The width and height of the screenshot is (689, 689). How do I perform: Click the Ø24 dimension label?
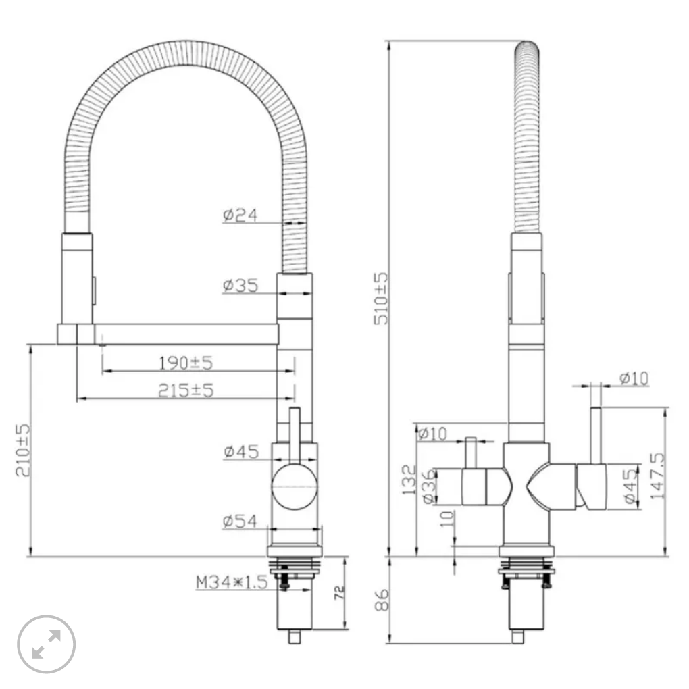pyautogui.click(x=240, y=215)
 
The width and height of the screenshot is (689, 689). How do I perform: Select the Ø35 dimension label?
pyautogui.click(x=240, y=286)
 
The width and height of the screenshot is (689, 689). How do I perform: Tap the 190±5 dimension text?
pyautogui.click(x=186, y=363)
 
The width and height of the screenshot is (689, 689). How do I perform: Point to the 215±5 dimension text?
pyautogui.click(x=186, y=390)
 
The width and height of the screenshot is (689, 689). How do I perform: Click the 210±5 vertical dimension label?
pyautogui.click(x=23, y=450)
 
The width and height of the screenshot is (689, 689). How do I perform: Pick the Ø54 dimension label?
pyautogui.click(x=240, y=521)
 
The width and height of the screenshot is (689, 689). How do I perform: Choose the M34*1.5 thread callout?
pyautogui.click(x=232, y=582)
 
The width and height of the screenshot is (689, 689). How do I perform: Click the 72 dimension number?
pyautogui.click(x=340, y=593)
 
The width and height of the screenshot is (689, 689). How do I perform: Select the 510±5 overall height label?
pyautogui.click(x=381, y=299)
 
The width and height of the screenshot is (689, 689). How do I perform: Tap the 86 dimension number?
pyautogui.click(x=382, y=601)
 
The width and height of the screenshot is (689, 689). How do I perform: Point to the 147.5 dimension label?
pyautogui.click(x=657, y=476)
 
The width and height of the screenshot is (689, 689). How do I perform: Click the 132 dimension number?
pyautogui.click(x=409, y=480)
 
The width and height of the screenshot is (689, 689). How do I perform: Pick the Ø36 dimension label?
pyautogui.click(x=429, y=486)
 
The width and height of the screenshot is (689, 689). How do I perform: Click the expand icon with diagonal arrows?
pyautogui.click(x=46, y=644)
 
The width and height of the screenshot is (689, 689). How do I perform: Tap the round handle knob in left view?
pyautogui.click(x=295, y=487)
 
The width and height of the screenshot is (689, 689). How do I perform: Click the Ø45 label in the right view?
pyautogui.click(x=630, y=486)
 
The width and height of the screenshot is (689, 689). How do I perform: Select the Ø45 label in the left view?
pyautogui.click(x=241, y=452)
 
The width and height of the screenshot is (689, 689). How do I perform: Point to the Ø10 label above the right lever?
pyautogui.click(x=634, y=378)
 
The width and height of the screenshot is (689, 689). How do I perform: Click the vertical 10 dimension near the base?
pyautogui.click(x=447, y=519)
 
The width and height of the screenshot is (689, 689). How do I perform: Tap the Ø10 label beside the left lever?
pyautogui.click(x=432, y=434)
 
